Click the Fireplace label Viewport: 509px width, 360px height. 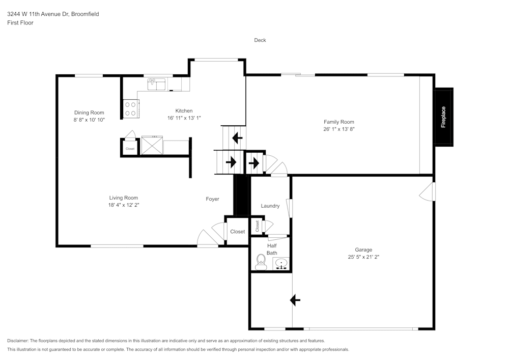(443, 117)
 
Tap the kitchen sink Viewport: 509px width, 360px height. (156, 84)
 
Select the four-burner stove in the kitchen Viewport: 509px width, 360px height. (131, 109)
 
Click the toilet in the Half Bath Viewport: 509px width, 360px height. (261, 262)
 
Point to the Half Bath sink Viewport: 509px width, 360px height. (281, 263)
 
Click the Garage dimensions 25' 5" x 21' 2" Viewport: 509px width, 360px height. (363, 257)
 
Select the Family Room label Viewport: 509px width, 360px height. (338, 122)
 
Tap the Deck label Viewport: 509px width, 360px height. (260, 40)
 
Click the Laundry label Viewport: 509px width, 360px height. (270, 206)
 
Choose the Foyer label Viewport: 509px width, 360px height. (212, 199)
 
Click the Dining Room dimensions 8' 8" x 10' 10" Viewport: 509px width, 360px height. (89, 120)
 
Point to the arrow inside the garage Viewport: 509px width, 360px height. (295, 300)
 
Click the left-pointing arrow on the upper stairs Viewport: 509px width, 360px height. (237, 138)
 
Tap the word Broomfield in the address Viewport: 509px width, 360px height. (85, 14)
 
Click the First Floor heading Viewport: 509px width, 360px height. (20, 23)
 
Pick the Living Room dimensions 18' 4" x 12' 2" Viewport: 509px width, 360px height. (124, 205)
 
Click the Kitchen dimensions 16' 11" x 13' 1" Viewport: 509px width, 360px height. (184, 118)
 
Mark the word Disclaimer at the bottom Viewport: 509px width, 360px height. (18, 341)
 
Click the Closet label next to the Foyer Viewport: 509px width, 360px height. (238, 232)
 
